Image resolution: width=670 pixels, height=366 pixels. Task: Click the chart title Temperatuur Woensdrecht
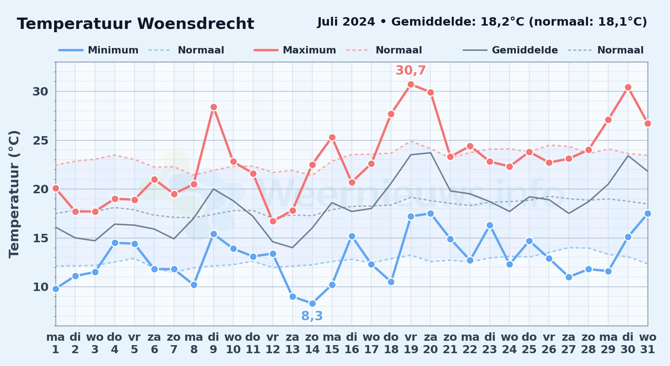click(135, 24)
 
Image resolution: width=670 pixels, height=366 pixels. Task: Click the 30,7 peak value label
click(411, 70)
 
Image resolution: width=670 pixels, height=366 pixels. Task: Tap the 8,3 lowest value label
click(312, 316)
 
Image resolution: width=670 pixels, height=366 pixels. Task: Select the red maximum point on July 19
click(411, 84)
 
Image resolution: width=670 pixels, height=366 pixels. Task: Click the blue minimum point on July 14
click(312, 303)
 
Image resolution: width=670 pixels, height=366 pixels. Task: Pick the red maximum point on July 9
click(214, 107)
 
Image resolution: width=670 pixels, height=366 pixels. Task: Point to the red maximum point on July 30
click(628, 87)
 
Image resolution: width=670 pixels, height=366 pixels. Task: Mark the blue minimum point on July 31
click(648, 213)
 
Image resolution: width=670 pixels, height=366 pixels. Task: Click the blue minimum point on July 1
click(56, 289)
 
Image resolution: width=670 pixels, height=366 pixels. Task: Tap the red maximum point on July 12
click(273, 221)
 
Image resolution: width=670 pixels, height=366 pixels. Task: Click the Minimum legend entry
click(98, 50)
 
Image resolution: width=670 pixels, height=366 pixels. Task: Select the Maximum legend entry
click(295, 50)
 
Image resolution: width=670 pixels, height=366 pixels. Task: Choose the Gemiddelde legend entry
click(510, 50)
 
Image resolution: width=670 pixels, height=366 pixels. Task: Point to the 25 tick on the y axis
click(40, 141)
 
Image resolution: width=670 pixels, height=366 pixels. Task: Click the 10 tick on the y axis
click(40, 287)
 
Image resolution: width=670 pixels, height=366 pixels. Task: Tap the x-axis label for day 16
click(352, 343)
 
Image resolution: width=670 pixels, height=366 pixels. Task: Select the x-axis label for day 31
click(648, 343)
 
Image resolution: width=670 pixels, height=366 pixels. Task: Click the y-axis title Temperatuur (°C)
click(14, 194)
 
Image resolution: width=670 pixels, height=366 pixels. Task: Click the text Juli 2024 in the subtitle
click(346, 22)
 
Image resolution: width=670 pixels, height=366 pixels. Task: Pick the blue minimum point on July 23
click(490, 225)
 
